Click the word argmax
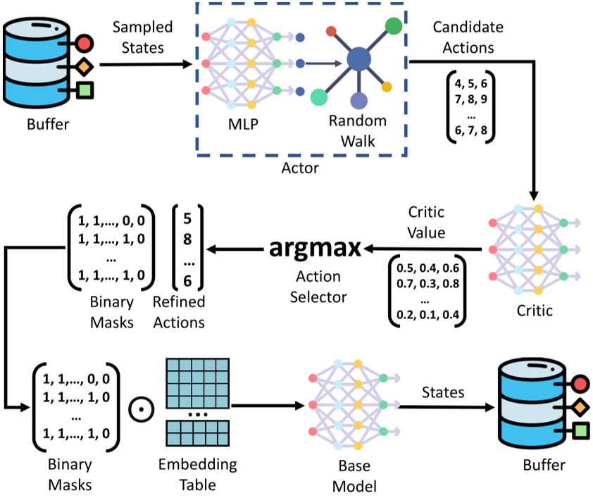(x=315, y=249)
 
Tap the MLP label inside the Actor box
(x=243, y=124)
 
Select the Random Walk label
(x=358, y=131)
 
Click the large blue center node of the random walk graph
(x=359, y=59)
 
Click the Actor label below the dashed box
(x=300, y=168)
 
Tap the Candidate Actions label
(x=468, y=37)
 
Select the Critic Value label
(x=426, y=223)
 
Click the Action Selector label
(x=318, y=287)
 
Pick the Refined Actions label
(x=179, y=312)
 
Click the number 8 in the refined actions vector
(x=187, y=239)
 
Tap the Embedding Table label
(x=198, y=474)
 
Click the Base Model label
(x=354, y=475)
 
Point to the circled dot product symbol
(x=142, y=409)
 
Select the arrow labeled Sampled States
(x=146, y=65)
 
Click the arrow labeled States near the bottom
(x=447, y=407)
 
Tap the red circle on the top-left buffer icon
(x=84, y=43)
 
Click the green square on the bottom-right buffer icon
(x=580, y=430)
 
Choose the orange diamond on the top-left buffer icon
(x=84, y=66)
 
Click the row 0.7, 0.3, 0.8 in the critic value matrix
(x=427, y=284)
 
